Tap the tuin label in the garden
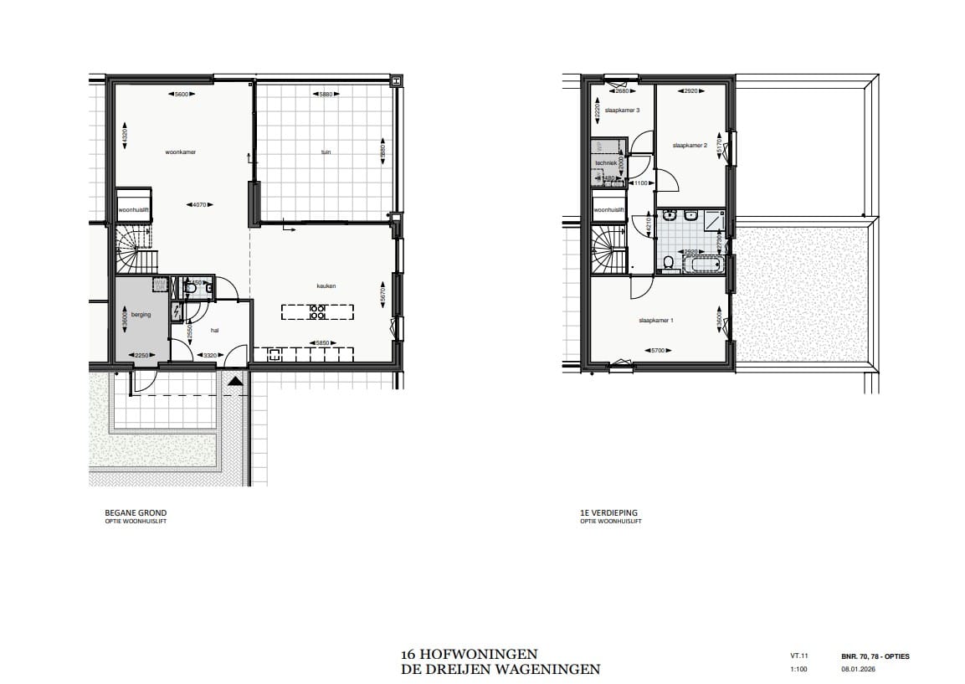click(326, 152)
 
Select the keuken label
click(326, 286)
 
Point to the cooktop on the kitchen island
click(318, 312)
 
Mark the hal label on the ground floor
click(214, 330)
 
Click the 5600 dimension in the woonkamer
click(180, 95)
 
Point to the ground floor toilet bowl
click(190, 289)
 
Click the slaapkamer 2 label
click(690, 145)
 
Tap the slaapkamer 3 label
click(622, 111)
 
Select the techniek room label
click(606, 162)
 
